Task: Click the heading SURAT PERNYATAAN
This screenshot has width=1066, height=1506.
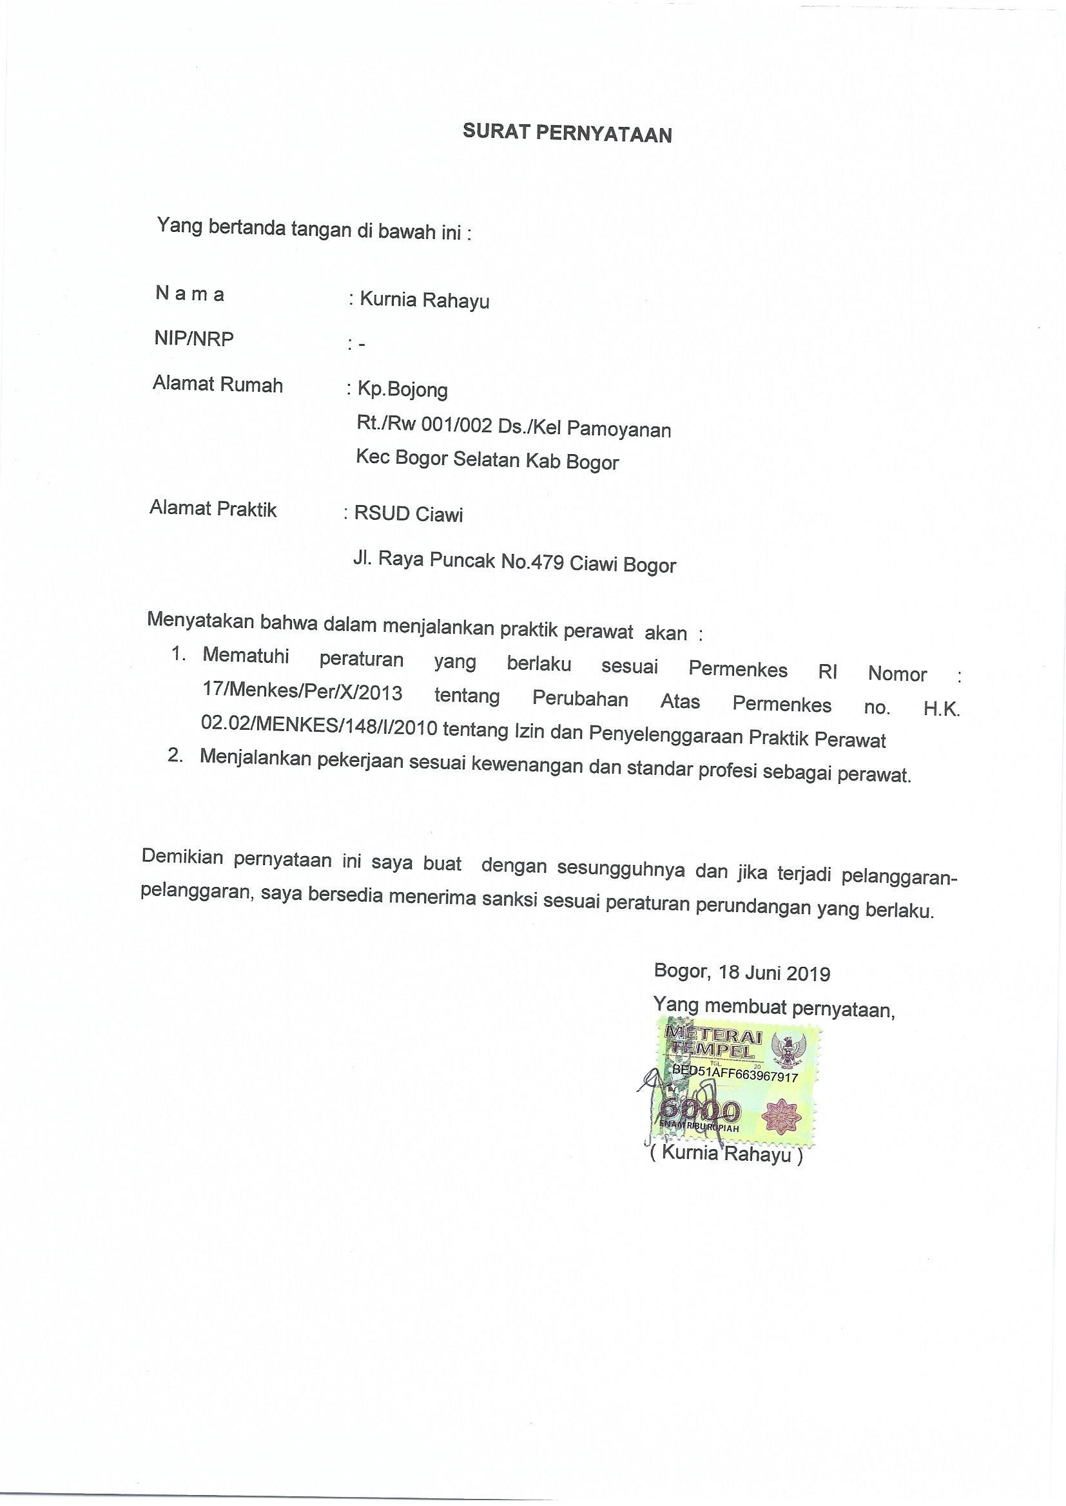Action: [x=567, y=133]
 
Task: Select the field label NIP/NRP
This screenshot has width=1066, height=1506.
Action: [x=193, y=339]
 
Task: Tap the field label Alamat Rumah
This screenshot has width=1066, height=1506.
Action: [x=217, y=385]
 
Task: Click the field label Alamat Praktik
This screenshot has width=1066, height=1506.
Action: [x=213, y=508]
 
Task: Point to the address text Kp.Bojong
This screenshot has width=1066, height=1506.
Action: [x=402, y=390]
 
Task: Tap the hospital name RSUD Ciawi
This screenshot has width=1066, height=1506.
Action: [x=408, y=513]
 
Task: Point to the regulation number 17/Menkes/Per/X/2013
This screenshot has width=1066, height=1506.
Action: [x=303, y=692]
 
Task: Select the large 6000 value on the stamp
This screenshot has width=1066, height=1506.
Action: [x=700, y=1110]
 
